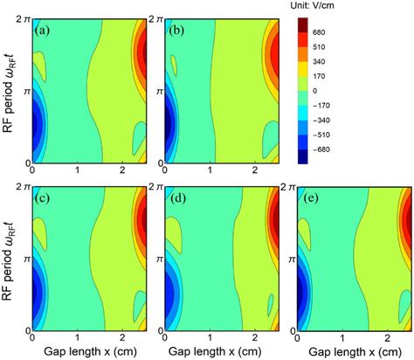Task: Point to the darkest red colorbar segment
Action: (305, 25)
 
